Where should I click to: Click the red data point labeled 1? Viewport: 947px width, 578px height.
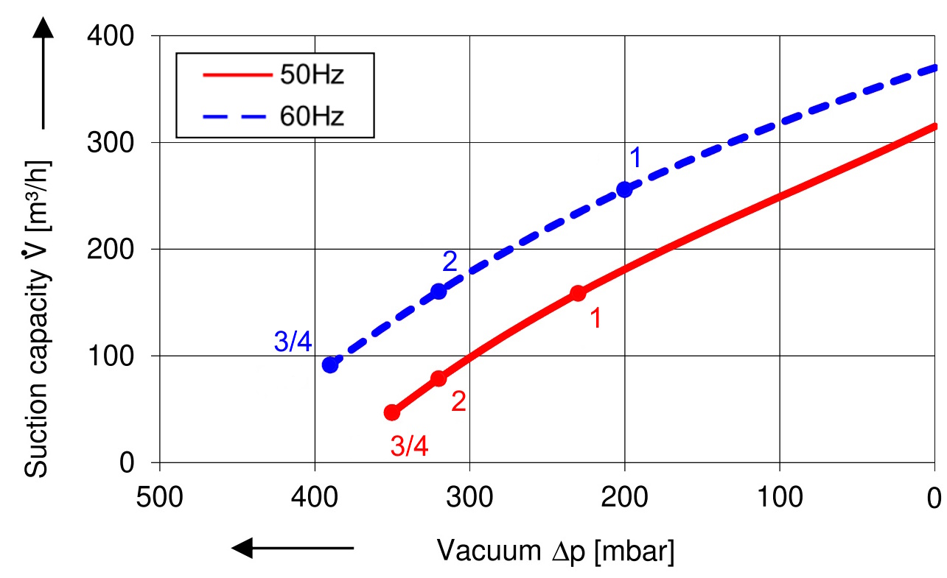pos(578,293)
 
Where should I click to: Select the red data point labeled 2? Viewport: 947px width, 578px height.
pos(438,378)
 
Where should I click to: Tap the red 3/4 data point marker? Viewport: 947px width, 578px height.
pos(392,412)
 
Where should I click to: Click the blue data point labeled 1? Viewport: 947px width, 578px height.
pos(624,189)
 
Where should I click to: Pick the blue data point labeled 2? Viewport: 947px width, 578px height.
pos(438,291)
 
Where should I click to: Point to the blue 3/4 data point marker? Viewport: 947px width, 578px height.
pos(330,364)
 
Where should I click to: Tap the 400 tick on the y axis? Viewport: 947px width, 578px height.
pos(119,36)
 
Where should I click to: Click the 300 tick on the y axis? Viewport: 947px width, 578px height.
pos(119,143)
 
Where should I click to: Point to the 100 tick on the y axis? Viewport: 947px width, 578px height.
pos(119,356)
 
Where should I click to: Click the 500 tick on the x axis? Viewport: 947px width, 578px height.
pos(160,499)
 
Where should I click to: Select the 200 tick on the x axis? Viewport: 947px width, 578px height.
pos(624,499)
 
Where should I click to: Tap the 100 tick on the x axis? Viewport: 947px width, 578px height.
pos(779,499)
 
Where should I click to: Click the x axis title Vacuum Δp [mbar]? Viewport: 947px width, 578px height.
pos(556,551)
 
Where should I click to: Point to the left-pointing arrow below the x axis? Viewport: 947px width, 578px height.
pos(293,548)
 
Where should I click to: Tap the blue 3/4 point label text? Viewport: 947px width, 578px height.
pos(293,341)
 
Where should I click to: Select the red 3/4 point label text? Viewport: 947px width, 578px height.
pos(409,445)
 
